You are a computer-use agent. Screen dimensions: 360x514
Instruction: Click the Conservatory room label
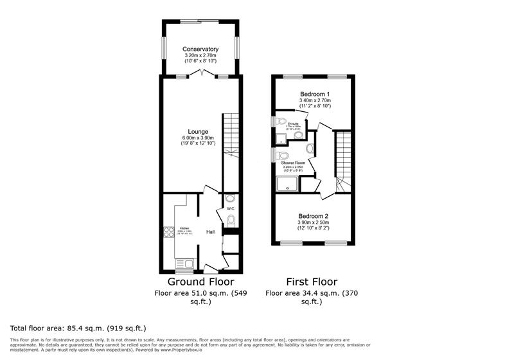coord(200,50)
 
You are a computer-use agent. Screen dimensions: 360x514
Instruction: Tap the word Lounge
coord(197,132)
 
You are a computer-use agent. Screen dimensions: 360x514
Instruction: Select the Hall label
coord(210,232)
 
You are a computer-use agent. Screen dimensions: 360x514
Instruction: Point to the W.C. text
coord(231,208)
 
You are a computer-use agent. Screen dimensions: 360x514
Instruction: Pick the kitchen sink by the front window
coord(186,263)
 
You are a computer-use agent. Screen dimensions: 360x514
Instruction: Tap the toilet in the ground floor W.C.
coord(231,221)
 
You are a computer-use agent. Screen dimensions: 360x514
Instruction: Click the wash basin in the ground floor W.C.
coord(231,198)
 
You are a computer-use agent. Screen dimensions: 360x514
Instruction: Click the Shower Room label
coord(292,163)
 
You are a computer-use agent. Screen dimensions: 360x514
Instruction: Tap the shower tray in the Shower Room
coord(288,184)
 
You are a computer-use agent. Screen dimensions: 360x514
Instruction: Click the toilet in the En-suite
coord(280,122)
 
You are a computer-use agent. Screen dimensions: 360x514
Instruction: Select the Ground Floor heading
coord(200,282)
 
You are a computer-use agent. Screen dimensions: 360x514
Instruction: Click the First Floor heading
coord(311,282)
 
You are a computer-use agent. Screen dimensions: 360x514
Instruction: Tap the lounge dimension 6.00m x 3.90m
coord(197,138)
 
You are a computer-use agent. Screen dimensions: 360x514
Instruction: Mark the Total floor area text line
coord(78,328)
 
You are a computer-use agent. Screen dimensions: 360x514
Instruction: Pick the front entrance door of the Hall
coord(210,266)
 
